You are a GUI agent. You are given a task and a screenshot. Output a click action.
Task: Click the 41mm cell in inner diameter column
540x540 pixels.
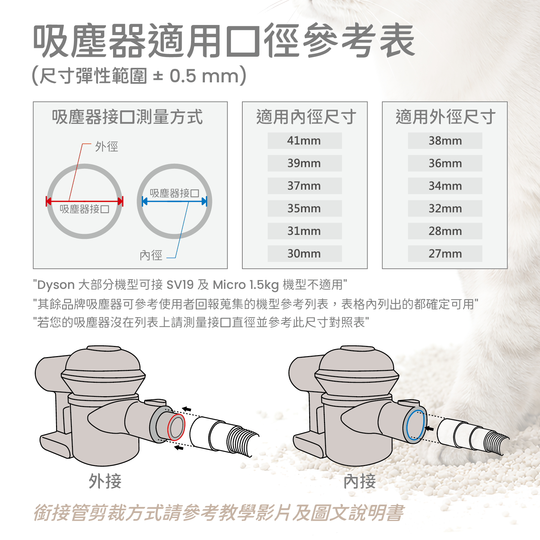[x=304, y=140]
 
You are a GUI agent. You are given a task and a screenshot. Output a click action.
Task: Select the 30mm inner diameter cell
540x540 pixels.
[x=304, y=253]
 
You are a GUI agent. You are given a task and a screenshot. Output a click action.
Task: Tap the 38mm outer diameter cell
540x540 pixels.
[x=445, y=140]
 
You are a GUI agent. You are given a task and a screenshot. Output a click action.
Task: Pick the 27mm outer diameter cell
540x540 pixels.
[x=445, y=253]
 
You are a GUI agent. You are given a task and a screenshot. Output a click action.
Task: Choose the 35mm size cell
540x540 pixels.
[x=304, y=208]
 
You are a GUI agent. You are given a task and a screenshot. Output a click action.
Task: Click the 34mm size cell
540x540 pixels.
[x=445, y=186]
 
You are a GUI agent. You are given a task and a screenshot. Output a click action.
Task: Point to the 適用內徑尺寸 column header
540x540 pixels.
[x=306, y=117]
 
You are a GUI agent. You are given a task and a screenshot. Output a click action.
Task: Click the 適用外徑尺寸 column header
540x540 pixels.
[x=446, y=117]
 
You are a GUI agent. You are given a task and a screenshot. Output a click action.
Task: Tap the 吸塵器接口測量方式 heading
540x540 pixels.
[x=127, y=117]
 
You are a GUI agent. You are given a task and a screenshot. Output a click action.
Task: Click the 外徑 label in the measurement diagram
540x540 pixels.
[x=107, y=146]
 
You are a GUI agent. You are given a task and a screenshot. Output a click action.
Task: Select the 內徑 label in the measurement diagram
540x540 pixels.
[x=151, y=255]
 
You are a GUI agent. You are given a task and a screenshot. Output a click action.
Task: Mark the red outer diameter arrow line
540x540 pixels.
[x=85, y=201]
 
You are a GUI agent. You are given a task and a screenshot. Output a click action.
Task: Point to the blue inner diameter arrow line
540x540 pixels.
[x=174, y=201]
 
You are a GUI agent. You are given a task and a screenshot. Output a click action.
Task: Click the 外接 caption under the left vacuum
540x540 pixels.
[x=105, y=481]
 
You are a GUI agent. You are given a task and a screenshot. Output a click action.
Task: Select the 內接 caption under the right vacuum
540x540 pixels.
[x=360, y=481]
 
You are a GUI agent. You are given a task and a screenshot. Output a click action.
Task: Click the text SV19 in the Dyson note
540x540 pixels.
[x=180, y=285]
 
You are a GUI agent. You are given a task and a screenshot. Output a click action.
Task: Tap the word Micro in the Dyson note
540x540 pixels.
[x=229, y=285]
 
